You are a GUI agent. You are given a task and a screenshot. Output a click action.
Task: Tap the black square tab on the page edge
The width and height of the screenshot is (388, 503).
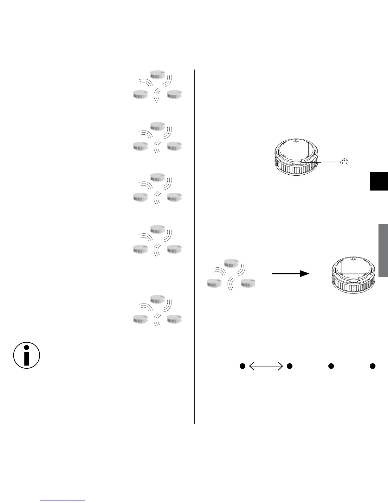(x=379, y=181)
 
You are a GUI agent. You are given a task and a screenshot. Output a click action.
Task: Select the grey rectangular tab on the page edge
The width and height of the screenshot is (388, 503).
(x=383, y=250)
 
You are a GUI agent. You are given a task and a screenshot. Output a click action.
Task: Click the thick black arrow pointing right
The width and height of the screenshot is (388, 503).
(x=290, y=274)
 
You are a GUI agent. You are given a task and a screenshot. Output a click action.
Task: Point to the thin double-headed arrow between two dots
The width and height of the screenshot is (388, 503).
(x=266, y=366)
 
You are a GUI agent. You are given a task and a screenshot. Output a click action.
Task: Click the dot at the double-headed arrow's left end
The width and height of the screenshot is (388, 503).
(x=242, y=366)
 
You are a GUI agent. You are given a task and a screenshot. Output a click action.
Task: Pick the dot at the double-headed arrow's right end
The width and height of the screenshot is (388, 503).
(x=289, y=366)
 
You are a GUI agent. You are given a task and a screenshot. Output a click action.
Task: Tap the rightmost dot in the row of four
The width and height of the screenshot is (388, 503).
(x=373, y=366)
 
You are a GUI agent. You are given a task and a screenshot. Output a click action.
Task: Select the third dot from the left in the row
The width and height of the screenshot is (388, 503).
(x=331, y=366)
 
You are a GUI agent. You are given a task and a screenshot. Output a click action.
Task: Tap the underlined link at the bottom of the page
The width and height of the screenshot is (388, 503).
(x=63, y=500)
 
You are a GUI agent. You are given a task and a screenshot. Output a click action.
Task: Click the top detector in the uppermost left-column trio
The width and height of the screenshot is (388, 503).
(x=158, y=74)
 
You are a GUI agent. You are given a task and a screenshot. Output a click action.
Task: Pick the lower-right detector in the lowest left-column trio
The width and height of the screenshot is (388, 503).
(x=175, y=319)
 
